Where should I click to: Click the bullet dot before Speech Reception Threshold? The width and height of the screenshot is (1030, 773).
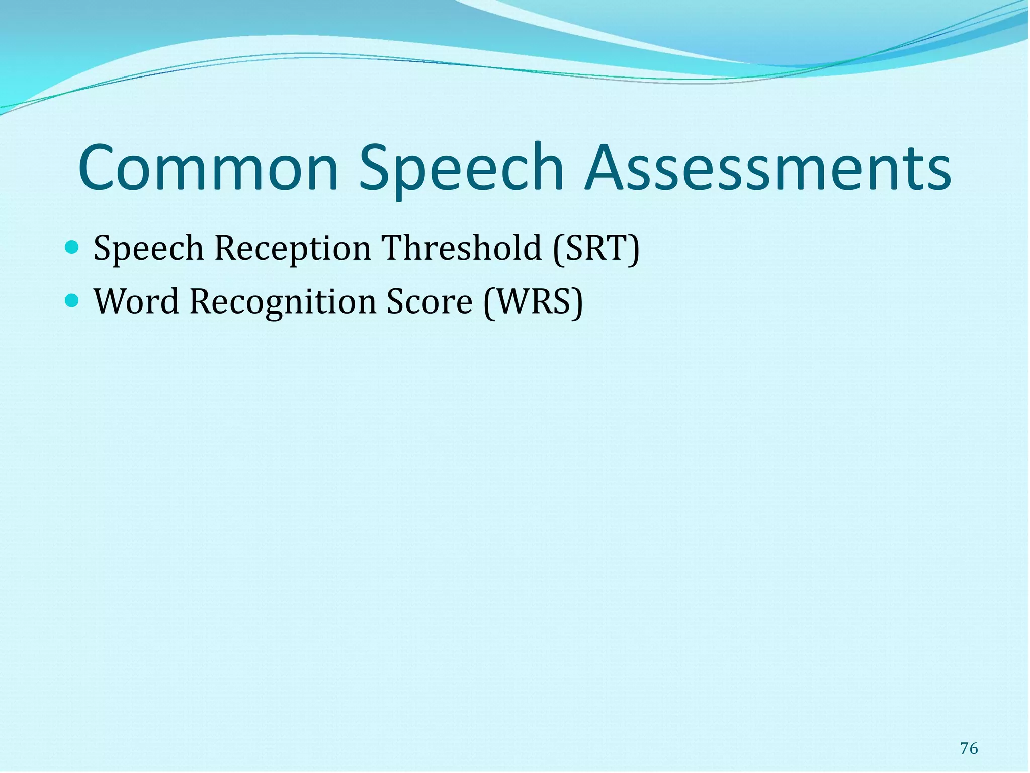[x=72, y=247]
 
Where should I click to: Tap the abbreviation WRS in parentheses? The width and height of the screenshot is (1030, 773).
[x=533, y=302]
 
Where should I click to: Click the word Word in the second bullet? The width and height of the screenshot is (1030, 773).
[x=137, y=302]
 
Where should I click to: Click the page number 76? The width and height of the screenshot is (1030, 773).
[x=969, y=748]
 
